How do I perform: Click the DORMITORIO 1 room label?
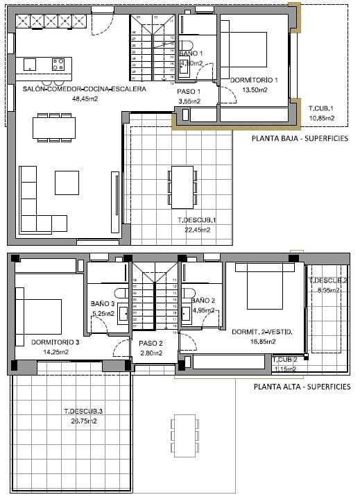point(253,80)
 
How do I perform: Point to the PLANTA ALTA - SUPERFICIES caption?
point(302,387)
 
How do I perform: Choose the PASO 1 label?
point(189,92)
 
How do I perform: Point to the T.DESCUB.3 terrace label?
point(82,412)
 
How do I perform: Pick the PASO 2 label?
point(151,344)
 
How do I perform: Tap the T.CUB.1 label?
point(322,109)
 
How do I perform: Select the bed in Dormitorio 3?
point(40,313)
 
